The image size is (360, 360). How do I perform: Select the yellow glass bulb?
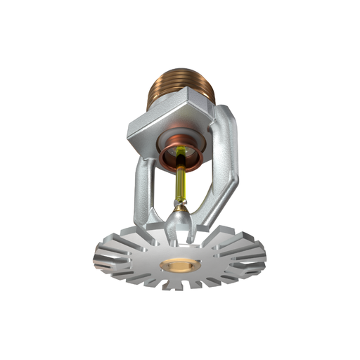pos(181,183)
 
